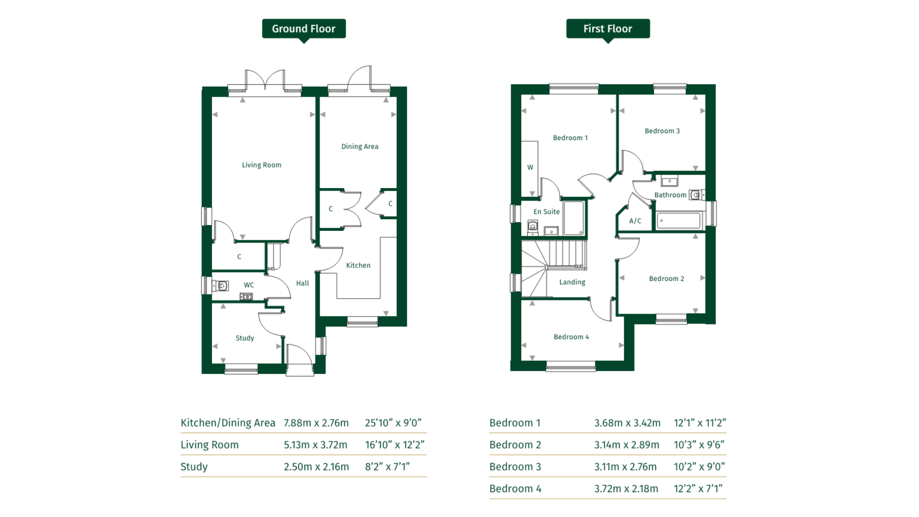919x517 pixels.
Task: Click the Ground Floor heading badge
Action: coord(303,29)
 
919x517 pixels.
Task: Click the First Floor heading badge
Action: coord(607,29)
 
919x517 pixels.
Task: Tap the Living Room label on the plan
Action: coord(261,165)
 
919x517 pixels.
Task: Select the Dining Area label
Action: coord(359,146)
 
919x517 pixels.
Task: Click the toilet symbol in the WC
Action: coord(221,286)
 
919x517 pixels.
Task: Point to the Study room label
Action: coord(245,338)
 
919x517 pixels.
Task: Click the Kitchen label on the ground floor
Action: coord(358,265)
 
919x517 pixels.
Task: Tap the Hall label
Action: coord(302,283)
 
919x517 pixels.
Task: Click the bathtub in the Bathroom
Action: coord(679,221)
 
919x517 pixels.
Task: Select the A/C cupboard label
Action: coord(635,221)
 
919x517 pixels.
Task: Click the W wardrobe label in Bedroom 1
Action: coord(530,167)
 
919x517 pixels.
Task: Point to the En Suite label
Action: coord(546,212)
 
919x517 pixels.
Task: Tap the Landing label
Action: coord(572,282)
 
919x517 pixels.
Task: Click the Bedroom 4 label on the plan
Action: coord(571,337)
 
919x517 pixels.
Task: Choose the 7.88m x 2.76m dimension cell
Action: coord(316,423)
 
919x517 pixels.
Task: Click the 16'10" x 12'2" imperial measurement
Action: coord(394,445)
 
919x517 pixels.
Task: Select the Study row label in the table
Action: coord(194,467)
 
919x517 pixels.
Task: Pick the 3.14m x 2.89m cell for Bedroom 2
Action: coord(627,445)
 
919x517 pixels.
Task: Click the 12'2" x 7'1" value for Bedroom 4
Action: coord(698,489)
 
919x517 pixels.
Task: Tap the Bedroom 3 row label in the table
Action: coord(515,467)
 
